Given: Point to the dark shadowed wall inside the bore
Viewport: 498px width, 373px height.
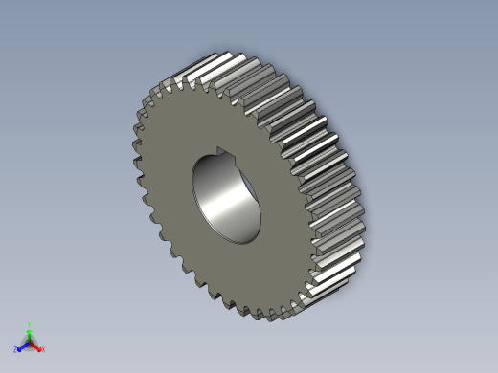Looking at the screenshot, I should coord(207,196).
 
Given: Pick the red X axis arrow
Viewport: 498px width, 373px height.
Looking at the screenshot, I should coord(37,346).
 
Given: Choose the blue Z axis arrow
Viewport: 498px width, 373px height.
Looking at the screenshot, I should coord(21,346).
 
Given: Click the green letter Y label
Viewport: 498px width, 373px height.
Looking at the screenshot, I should coord(30,324).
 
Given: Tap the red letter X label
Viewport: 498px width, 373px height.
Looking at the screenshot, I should coord(43,349).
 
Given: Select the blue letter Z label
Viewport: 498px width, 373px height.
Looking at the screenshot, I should coord(16,350).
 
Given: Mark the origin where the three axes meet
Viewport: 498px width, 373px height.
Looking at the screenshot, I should coord(30,342).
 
